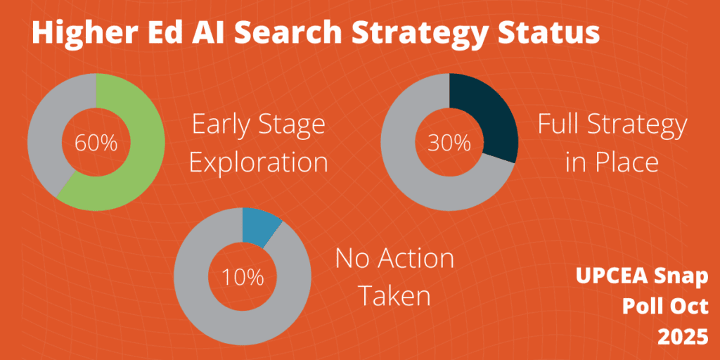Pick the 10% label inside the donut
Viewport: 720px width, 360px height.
tap(243, 277)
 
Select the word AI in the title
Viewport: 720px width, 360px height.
tap(211, 34)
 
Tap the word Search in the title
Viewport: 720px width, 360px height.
tap(296, 34)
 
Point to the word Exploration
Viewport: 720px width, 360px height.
tap(259, 162)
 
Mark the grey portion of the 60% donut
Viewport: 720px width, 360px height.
tap(42, 141)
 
